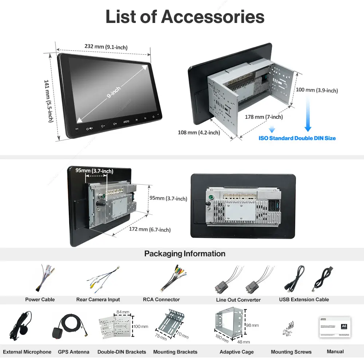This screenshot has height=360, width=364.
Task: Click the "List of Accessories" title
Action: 185,17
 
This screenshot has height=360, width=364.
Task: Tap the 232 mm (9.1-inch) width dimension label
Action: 106,47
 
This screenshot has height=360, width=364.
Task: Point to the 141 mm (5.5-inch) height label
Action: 49,101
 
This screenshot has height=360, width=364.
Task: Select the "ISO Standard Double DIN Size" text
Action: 297,138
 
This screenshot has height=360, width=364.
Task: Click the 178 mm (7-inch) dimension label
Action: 264,117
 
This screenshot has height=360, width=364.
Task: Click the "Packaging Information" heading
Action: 185,254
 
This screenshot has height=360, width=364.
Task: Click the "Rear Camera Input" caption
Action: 98,300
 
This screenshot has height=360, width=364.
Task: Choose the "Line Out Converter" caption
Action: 238,300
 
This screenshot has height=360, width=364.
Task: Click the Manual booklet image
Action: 335,327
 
